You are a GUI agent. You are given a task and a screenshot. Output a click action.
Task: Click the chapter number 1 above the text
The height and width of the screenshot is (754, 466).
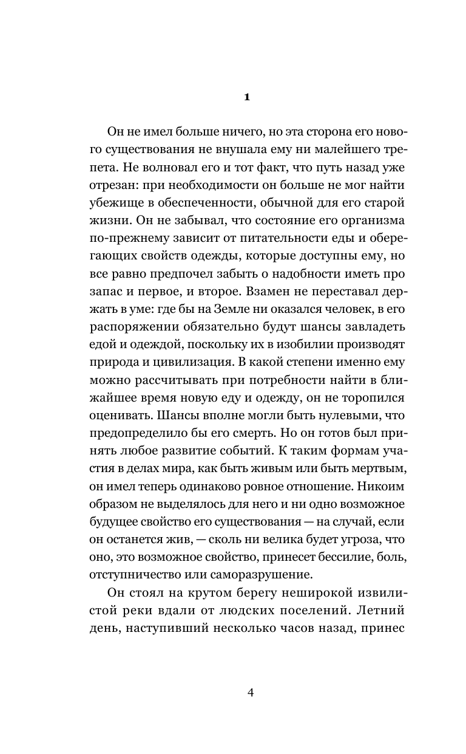246,97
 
